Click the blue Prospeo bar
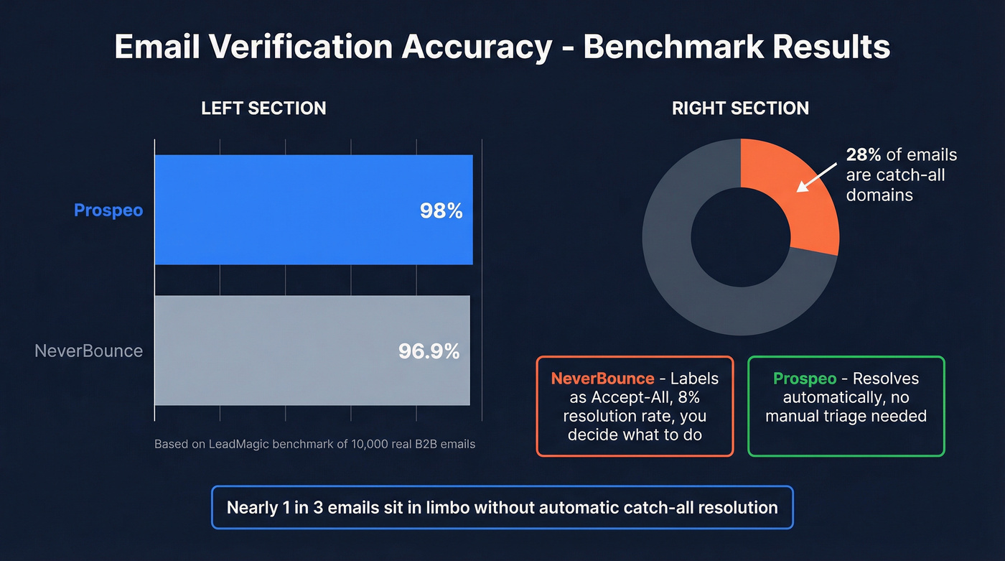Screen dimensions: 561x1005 click(314, 210)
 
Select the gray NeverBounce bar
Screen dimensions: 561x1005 click(312, 351)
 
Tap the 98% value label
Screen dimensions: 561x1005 click(441, 211)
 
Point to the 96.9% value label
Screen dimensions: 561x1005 click(429, 351)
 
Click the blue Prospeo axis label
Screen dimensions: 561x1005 click(108, 210)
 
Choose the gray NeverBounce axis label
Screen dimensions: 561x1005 click(88, 351)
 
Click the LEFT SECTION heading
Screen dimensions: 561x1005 click(263, 108)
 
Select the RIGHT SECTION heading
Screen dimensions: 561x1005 click(740, 108)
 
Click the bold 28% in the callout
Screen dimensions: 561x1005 click(864, 155)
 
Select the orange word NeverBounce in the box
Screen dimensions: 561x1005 click(602, 379)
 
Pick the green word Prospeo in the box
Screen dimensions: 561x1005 click(804, 379)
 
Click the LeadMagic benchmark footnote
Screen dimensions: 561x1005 click(314, 444)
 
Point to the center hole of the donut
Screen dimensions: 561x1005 click(740, 237)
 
